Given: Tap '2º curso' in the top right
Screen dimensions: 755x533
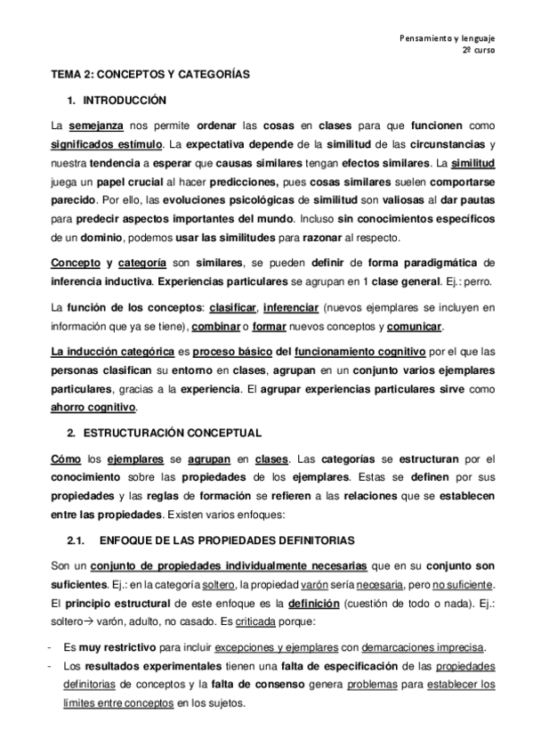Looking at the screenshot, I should [479, 51].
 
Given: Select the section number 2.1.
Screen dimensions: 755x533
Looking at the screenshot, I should [76, 540].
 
